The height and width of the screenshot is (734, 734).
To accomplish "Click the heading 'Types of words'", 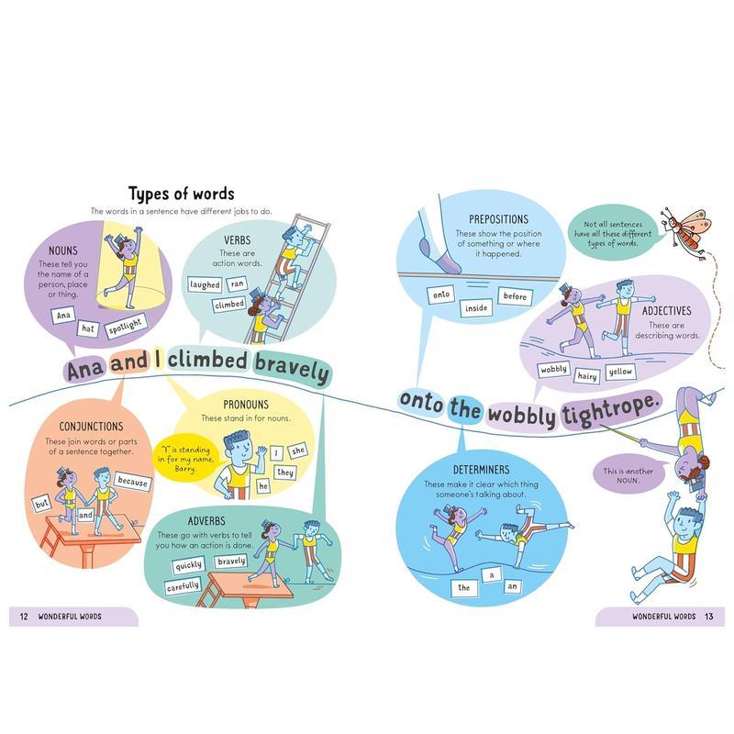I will coord(181,194).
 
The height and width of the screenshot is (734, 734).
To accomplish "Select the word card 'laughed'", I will coord(205,284).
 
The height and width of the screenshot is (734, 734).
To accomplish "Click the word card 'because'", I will coord(132,482).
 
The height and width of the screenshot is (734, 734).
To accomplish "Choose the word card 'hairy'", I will coord(586,375).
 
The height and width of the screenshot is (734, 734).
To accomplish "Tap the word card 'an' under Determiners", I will coord(513,586).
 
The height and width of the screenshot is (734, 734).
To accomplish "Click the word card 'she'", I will coord(298,451).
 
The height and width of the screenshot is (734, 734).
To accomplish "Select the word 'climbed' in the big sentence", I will coord(206,362).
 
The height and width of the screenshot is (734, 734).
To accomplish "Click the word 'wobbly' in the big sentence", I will coord(521,416).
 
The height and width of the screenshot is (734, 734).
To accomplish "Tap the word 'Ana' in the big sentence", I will coord(86,370).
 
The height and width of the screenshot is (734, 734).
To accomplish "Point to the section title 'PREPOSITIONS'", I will coord(498,219).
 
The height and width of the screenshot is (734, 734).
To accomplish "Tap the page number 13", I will coord(709,616).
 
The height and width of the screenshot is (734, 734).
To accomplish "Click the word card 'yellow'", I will coord(620,371).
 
